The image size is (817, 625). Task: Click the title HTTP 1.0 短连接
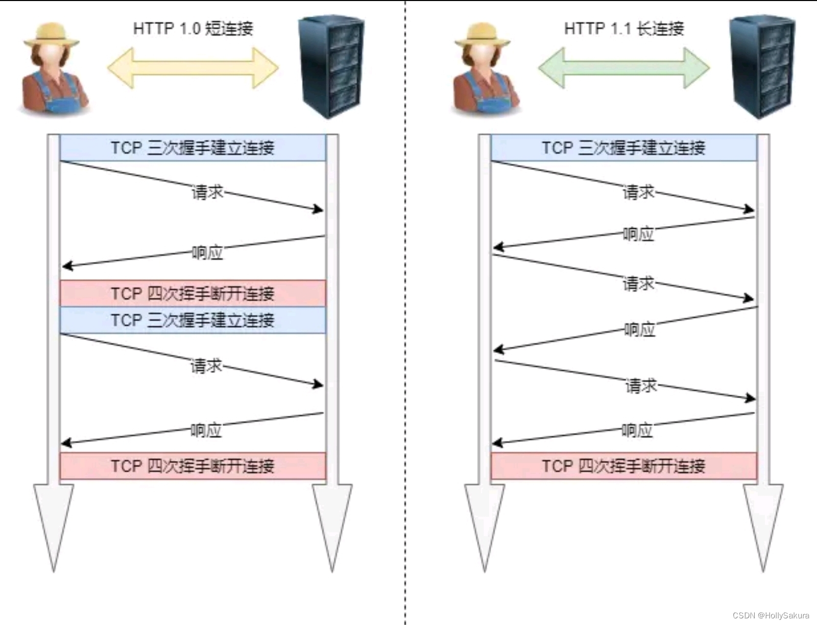pos(193,28)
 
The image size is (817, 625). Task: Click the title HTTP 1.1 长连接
pos(624,28)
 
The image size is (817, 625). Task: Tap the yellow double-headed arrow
pos(193,68)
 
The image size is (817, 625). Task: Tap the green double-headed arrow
pos(624,68)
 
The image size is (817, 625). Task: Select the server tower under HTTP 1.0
pos(331,66)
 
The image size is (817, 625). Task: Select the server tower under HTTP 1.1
pos(762,66)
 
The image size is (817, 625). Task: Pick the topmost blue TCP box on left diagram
pos(193,148)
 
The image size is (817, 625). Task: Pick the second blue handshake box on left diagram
pos(193,320)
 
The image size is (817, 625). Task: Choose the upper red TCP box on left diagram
pos(193,293)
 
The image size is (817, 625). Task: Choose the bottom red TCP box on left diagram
pos(193,466)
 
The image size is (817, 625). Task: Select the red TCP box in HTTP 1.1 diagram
pos(624,466)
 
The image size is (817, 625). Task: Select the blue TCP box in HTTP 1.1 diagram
pos(624,148)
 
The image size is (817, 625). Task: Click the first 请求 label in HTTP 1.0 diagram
pos(207,193)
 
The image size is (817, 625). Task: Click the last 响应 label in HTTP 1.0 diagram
pos(206,430)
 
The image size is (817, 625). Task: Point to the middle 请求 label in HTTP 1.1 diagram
pos(638,283)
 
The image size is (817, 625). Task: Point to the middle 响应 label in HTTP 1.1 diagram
pos(639,329)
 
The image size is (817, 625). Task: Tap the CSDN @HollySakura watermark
pos(771,615)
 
